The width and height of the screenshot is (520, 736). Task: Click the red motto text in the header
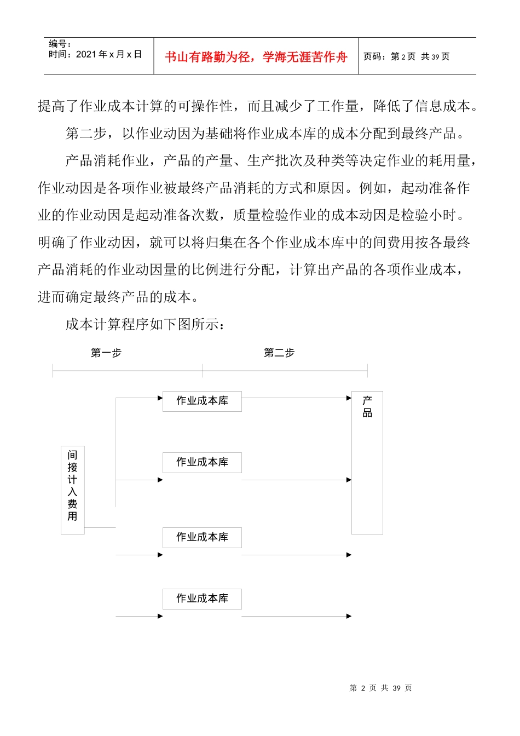(256, 57)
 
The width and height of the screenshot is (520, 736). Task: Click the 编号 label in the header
(60, 44)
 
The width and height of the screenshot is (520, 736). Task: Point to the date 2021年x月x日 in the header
(108, 54)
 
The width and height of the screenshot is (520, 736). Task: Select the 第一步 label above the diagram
(106, 353)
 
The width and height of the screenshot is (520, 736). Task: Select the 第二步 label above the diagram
(279, 353)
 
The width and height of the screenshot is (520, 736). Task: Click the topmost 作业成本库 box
(202, 401)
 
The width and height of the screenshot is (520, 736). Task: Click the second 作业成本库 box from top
(202, 462)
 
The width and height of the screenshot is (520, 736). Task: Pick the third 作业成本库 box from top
(202, 537)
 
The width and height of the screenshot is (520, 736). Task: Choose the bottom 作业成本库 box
(202, 599)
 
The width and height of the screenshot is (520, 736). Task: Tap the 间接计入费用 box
(72, 490)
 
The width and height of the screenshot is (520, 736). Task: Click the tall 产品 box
(367, 462)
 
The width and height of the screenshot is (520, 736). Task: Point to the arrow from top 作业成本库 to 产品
(296, 398)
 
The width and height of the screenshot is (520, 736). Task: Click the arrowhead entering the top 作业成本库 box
(160, 398)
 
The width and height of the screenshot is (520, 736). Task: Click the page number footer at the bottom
(380, 688)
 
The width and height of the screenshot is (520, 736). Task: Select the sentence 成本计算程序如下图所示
(145, 324)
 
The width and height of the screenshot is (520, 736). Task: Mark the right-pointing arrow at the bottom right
(296, 616)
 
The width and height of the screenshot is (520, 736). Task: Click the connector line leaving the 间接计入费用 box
(100, 527)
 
